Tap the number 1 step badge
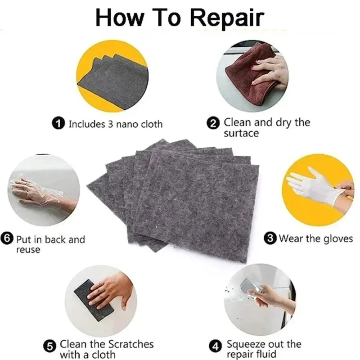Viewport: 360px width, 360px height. coord(58,124)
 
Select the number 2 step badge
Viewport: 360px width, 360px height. coord(216,122)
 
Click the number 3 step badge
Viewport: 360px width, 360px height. coord(270,238)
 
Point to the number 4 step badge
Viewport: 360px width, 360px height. coord(217,346)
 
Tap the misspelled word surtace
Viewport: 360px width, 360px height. coord(241,133)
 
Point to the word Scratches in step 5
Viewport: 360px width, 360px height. coord(130,344)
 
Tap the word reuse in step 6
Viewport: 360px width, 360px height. coord(28,249)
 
